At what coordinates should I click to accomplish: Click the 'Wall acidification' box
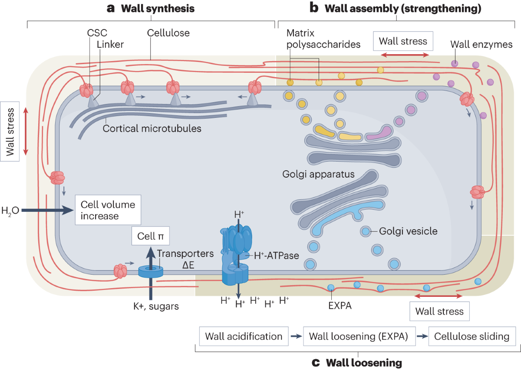pos(244,337)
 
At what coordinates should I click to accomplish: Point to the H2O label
pos(10,211)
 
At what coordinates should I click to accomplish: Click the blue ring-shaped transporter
pos(151,272)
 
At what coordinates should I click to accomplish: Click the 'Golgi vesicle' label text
pos(408,231)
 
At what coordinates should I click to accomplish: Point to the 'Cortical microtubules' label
pos(152,129)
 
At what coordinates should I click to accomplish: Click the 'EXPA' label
pos(340,305)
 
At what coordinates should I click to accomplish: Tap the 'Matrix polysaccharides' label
pos(312,38)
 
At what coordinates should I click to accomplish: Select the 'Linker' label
pos(110,44)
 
